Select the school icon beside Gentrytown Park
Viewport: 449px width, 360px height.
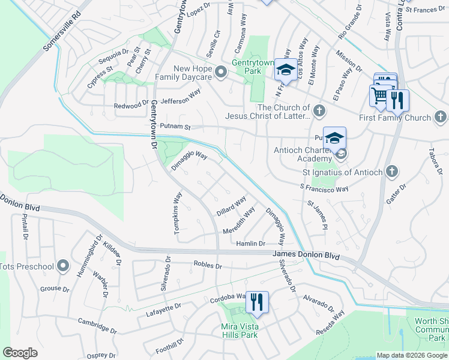pos(285,70)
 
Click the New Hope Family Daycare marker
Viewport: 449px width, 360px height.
pos(221,73)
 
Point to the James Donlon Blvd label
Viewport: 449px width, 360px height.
pos(306,256)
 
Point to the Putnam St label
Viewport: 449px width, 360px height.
pos(175,127)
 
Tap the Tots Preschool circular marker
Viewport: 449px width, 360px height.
pos(63,266)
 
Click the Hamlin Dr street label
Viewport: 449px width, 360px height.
pos(250,243)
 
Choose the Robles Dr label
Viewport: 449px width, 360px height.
pos(208,265)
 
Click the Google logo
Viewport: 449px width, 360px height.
pos(20,353)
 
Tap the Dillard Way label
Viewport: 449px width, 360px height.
pos(232,206)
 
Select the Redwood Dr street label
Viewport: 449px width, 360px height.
pos(131,106)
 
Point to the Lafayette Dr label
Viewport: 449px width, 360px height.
pos(164,310)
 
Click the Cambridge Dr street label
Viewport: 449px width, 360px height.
pos(97,325)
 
